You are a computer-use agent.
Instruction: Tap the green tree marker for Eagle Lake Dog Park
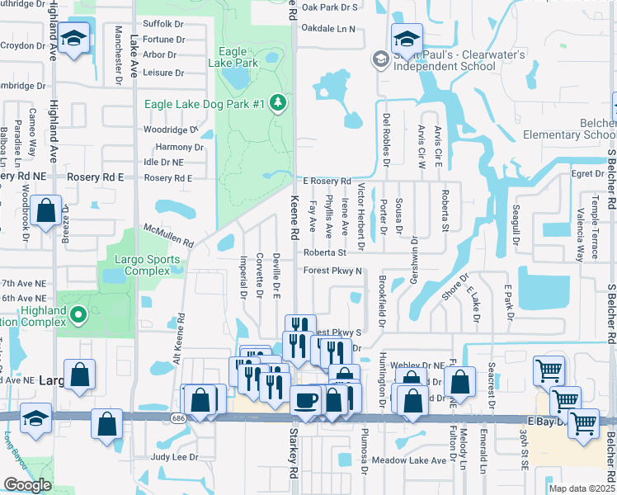(279, 102)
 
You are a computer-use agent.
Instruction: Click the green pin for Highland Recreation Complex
(78, 313)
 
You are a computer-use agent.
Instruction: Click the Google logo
(27, 485)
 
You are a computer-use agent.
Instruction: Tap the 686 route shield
(179, 418)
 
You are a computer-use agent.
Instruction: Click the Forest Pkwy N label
(333, 271)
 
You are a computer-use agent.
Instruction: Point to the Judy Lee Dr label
(175, 456)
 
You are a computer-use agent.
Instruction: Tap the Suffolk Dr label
(162, 24)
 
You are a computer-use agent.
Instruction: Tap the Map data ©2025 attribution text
(582, 488)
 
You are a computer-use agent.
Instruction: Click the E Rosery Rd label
(327, 181)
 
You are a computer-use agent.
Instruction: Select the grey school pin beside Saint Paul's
(380, 58)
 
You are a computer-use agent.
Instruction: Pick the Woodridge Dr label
(170, 130)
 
